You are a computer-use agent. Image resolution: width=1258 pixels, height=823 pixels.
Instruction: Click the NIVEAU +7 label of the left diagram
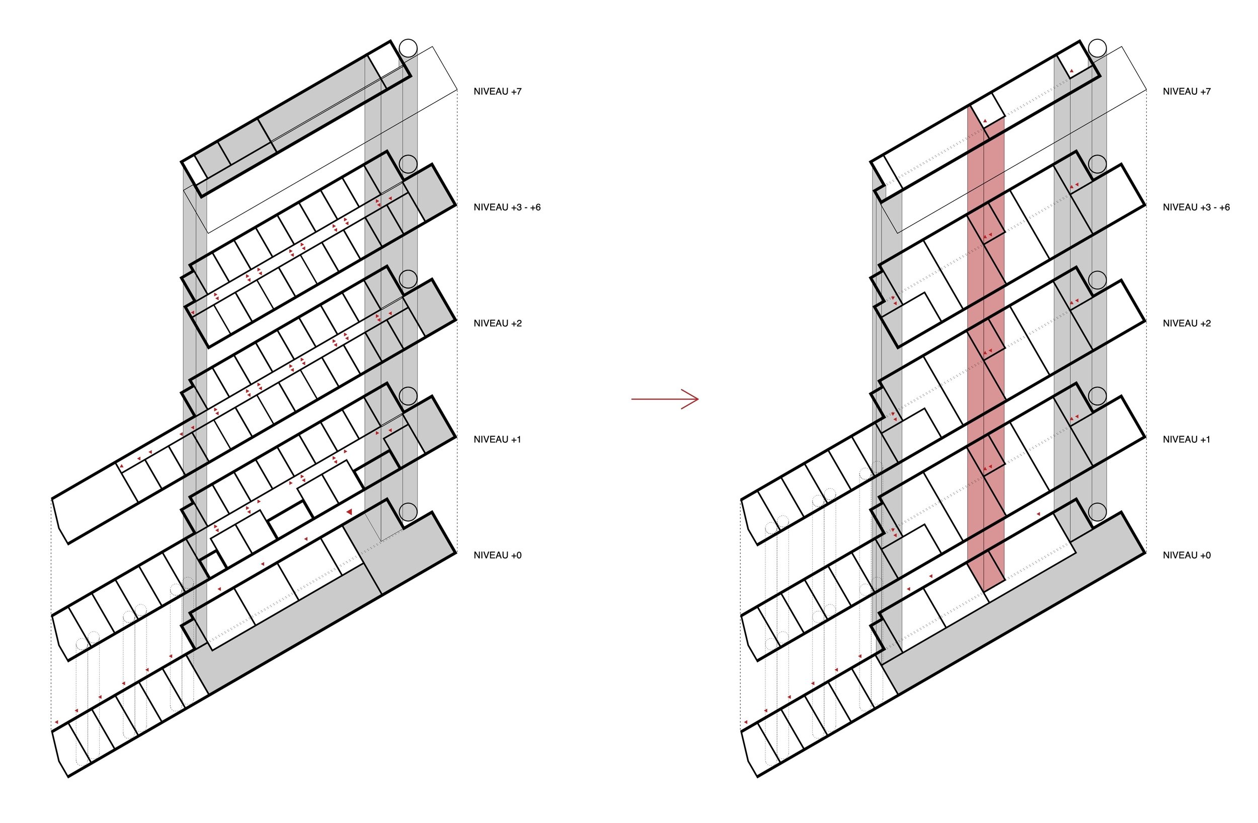pyautogui.click(x=497, y=92)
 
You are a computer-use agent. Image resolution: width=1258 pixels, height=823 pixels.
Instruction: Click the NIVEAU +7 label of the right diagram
pyautogui.click(x=1186, y=92)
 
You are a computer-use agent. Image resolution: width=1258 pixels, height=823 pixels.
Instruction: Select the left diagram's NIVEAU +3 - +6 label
pyautogui.click(x=506, y=208)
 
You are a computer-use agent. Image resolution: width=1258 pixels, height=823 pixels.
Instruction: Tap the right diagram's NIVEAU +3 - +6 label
pyautogui.click(x=1196, y=208)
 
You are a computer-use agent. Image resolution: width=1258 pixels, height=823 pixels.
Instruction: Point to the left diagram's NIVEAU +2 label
pyautogui.click(x=497, y=323)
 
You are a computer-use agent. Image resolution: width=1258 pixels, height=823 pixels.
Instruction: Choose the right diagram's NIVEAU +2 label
pyautogui.click(x=1186, y=323)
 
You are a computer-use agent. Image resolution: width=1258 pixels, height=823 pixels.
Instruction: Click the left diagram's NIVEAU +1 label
pyautogui.click(x=497, y=439)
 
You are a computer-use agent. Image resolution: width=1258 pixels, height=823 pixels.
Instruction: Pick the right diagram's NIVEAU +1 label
pyautogui.click(x=1186, y=439)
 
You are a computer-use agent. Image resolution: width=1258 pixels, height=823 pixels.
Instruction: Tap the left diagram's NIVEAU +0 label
pyautogui.click(x=497, y=555)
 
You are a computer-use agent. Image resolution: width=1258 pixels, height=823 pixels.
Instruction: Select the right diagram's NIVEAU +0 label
pyautogui.click(x=1186, y=555)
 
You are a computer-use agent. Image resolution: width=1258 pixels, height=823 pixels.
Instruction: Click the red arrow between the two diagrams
pyautogui.click(x=665, y=399)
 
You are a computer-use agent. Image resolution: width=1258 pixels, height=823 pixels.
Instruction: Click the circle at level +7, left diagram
pyautogui.click(x=408, y=48)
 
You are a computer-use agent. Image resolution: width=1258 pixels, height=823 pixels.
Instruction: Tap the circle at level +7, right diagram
pyautogui.click(x=1097, y=48)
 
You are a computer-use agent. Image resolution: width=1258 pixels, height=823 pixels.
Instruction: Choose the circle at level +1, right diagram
pyautogui.click(x=1097, y=395)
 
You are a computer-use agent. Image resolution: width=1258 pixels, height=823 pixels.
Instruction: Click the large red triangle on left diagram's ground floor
pyautogui.click(x=349, y=512)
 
